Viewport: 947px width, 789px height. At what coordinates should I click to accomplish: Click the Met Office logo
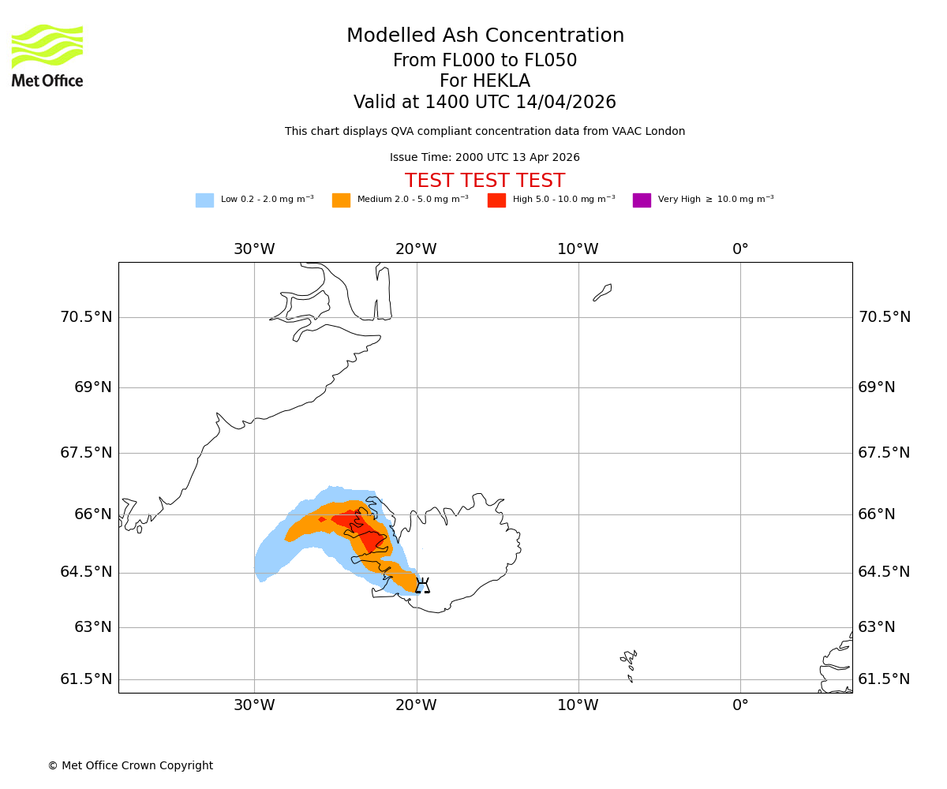point(47,55)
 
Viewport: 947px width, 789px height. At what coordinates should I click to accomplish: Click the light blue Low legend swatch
point(204,200)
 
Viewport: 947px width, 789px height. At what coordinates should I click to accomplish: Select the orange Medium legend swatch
point(341,200)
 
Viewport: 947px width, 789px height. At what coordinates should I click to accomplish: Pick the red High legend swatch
point(496,200)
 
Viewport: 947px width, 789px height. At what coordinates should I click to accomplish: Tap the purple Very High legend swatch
point(642,200)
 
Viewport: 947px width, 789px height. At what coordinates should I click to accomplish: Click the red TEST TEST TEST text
point(485,181)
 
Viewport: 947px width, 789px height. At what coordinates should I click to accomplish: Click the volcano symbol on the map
point(422,585)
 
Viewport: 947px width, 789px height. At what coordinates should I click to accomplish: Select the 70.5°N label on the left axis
point(86,317)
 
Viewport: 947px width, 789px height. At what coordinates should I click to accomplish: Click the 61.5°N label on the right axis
point(884,679)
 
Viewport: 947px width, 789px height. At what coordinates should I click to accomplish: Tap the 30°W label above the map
point(254,249)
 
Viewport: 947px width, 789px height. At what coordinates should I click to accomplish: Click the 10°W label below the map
point(578,705)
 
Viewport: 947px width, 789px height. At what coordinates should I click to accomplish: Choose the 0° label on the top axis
point(740,249)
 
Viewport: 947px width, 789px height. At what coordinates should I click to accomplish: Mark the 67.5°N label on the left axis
point(86,453)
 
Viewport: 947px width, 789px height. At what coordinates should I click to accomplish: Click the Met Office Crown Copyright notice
point(130,766)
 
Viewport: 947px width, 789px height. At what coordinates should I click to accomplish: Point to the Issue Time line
point(485,158)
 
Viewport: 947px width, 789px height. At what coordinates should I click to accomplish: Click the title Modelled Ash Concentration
point(485,36)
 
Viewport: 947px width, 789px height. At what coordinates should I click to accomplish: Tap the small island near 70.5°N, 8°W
point(602,293)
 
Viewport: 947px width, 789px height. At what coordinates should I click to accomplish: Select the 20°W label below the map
point(416,705)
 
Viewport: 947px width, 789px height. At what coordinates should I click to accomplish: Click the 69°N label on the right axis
point(877,387)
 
